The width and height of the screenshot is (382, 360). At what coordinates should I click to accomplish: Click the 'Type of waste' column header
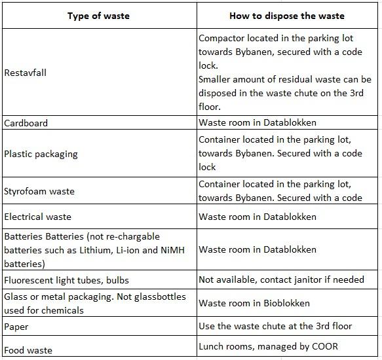99,16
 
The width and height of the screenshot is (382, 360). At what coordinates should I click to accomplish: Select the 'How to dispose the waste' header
287,16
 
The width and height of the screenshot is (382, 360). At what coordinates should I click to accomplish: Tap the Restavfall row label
25,73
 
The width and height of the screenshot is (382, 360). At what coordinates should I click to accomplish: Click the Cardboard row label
26,123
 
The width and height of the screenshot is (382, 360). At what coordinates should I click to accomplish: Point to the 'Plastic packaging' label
41,154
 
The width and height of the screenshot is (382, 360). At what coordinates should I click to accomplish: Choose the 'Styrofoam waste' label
39,192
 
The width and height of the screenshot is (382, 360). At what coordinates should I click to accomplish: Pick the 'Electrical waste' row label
38,217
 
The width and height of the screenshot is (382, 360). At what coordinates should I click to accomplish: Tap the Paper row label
16,326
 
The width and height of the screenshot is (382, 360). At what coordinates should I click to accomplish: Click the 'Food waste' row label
28,350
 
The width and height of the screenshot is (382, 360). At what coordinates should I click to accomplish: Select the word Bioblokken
285,303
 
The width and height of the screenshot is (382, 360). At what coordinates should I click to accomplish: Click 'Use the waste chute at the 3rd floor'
275,326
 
